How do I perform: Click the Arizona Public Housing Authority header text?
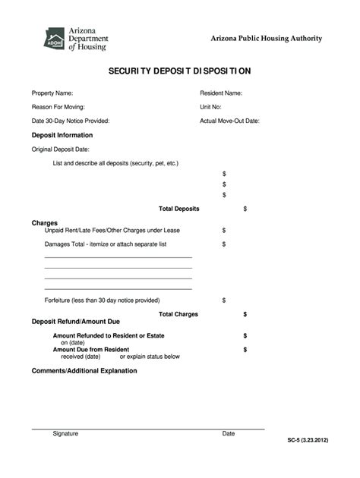pos(266,39)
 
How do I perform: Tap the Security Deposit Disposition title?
pos(179,71)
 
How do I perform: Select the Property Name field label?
pos(52,93)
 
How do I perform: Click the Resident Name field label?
pos(221,93)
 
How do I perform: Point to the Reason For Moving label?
pos(58,107)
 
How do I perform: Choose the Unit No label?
pos(210,107)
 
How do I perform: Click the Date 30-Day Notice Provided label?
pos(71,121)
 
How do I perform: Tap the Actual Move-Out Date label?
pos(230,121)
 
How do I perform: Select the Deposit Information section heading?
pos(62,135)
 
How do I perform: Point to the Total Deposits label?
pos(178,208)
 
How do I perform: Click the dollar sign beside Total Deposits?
pos(245,208)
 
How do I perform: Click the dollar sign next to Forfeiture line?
pos(224,300)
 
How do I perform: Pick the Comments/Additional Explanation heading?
pos(84,371)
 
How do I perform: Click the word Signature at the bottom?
pos(65,434)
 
